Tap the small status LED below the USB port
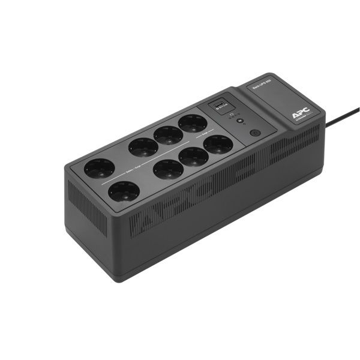pos(240,121)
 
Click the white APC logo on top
pos(298,113)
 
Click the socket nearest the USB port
pos(193,123)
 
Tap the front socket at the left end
pos(124,191)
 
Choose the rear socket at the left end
pos(99,169)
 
